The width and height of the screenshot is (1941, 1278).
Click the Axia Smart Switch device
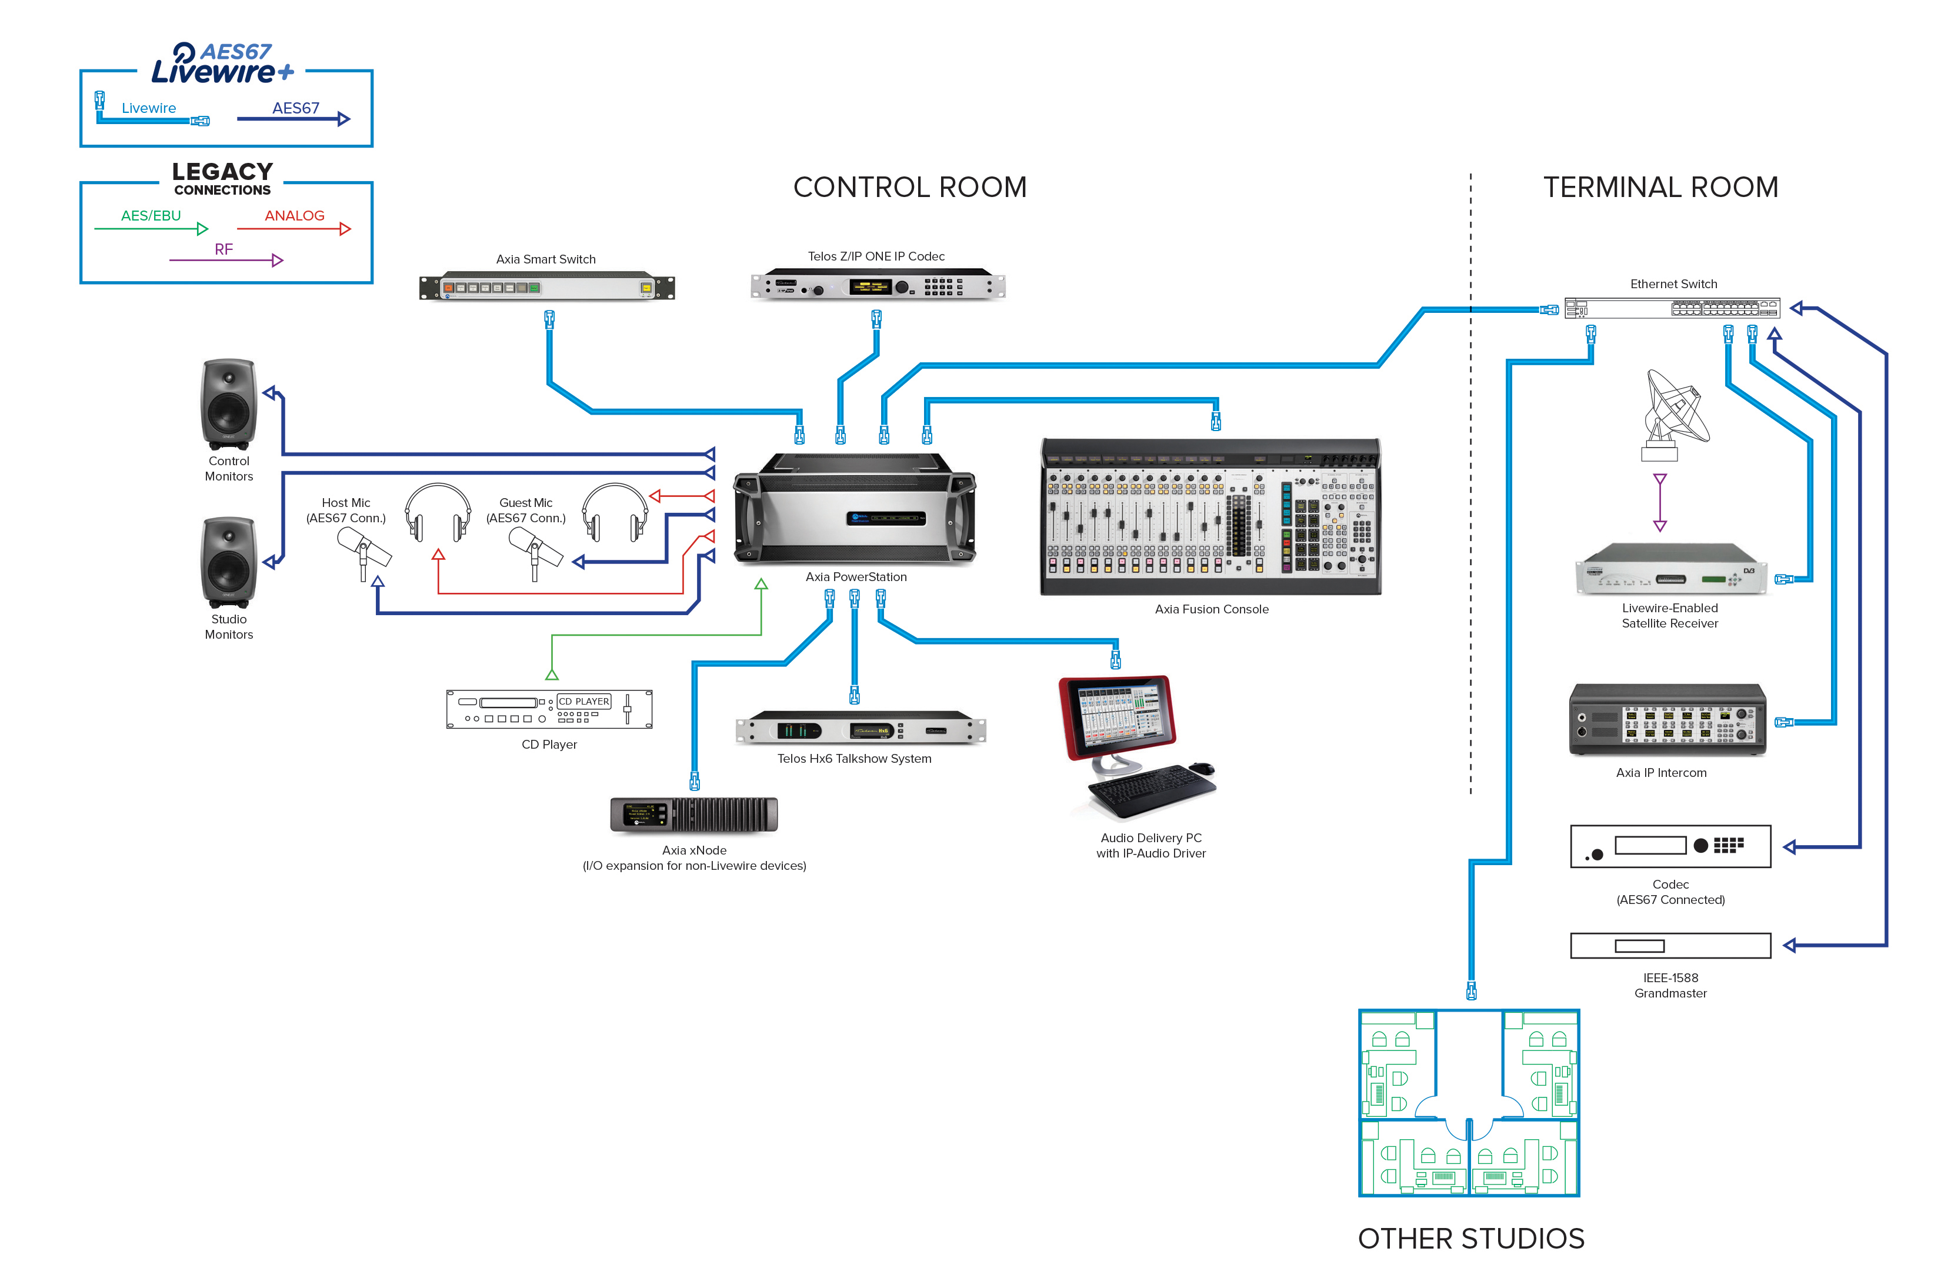(x=546, y=287)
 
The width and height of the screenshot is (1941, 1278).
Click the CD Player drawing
(x=549, y=709)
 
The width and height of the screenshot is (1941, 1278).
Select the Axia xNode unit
(x=694, y=814)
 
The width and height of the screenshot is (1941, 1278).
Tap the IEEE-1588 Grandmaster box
(x=1670, y=945)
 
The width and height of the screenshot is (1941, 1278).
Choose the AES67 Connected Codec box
(x=1670, y=846)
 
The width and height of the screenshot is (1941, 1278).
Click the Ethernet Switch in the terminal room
(x=1672, y=308)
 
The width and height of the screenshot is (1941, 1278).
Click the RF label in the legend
(x=224, y=249)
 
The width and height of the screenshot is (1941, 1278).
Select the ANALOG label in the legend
(x=295, y=215)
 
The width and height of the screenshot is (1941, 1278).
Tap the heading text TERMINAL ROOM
(x=1660, y=188)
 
